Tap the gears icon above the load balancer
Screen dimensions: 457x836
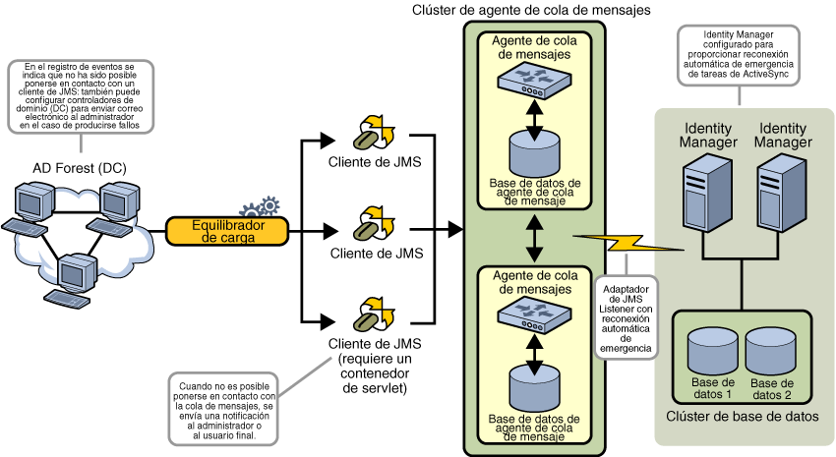[260, 208]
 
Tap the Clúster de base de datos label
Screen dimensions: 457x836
[743, 417]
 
